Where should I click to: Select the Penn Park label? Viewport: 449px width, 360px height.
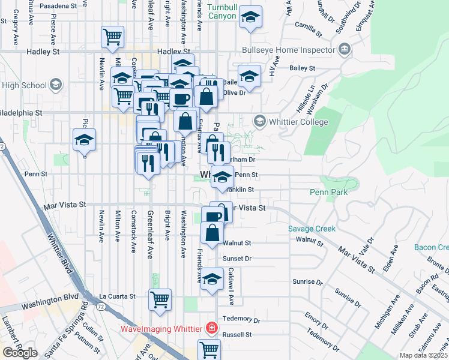pos(329,193)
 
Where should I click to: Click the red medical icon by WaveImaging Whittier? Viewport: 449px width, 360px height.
pos(211,328)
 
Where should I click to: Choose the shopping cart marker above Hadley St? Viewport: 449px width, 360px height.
pos(112,37)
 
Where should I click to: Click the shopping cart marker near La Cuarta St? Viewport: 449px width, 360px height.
pos(160,299)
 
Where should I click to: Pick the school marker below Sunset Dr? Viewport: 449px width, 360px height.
pos(211,280)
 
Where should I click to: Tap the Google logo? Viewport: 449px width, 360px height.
pos(20,353)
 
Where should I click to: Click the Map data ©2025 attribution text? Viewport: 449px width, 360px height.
pos(424,355)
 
